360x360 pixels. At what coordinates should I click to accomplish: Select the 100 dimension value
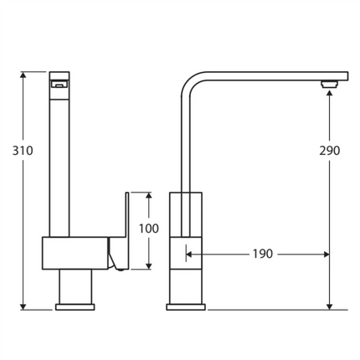[x=148, y=229]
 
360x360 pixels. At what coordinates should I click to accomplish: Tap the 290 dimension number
[x=330, y=151]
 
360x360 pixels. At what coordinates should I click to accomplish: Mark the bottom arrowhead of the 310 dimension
[x=23, y=305]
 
